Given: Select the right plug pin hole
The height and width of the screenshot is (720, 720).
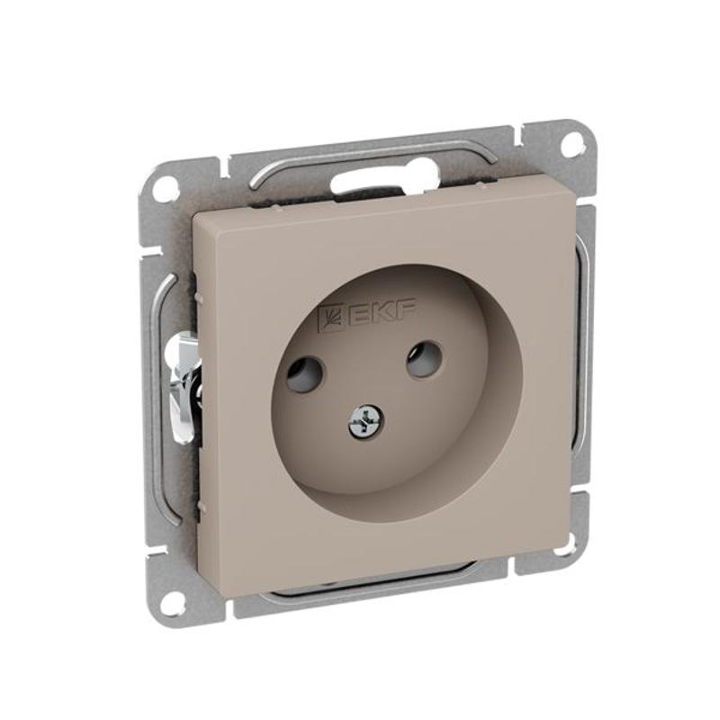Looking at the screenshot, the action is point(424,358).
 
